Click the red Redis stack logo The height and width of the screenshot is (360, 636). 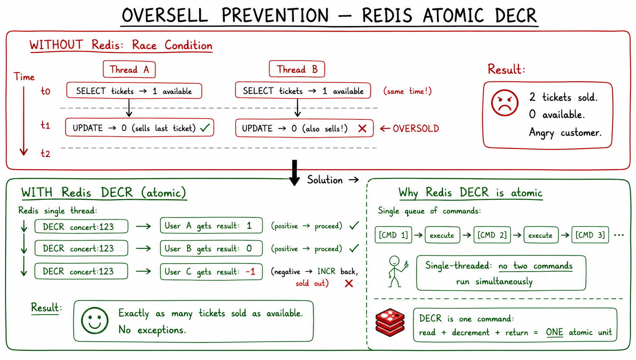click(x=390, y=322)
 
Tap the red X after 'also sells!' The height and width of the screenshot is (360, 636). click(x=362, y=129)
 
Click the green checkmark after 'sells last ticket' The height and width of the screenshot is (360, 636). click(x=205, y=128)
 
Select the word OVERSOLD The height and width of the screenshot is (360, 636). click(x=416, y=129)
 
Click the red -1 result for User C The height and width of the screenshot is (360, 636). click(x=250, y=272)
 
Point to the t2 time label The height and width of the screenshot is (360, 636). click(x=45, y=153)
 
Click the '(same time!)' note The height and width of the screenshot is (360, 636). click(x=407, y=91)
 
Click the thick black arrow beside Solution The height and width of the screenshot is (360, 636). click(x=295, y=173)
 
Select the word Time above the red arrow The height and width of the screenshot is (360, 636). click(x=24, y=77)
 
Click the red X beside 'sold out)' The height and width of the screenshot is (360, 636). click(x=349, y=283)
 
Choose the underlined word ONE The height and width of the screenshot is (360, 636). click(x=554, y=332)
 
